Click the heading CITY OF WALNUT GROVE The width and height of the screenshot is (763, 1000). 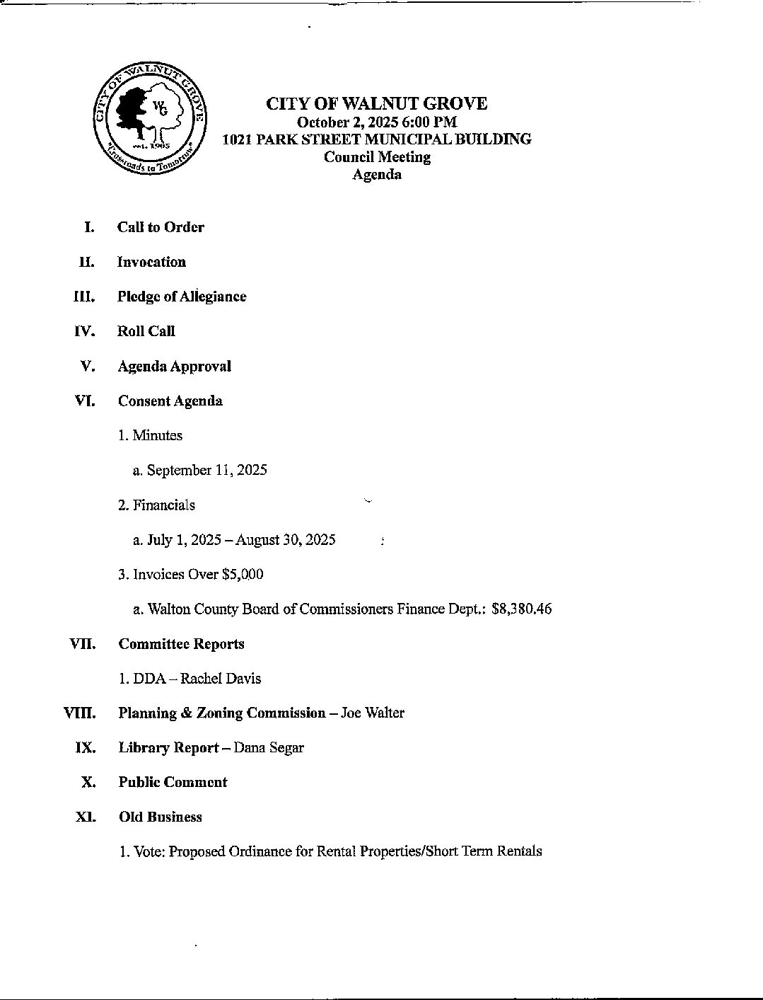click(376, 104)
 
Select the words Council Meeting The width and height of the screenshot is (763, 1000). click(377, 157)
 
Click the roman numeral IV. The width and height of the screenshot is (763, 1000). click(85, 331)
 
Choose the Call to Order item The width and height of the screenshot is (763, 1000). click(161, 227)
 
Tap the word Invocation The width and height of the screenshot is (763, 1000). click(151, 262)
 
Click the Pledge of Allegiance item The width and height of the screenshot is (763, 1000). click(182, 297)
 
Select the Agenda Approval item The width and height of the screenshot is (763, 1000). click(174, 367)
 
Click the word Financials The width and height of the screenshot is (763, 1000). click(163, 505)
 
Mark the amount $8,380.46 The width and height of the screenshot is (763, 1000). click(522, 609)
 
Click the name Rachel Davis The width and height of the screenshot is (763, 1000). click(221, 679)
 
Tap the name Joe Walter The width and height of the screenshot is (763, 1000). click(373, 713)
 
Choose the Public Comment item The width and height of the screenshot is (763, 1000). click(173, 783)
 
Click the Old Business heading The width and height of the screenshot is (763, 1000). click(160, 817)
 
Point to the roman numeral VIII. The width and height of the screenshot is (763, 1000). click(80, 713)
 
